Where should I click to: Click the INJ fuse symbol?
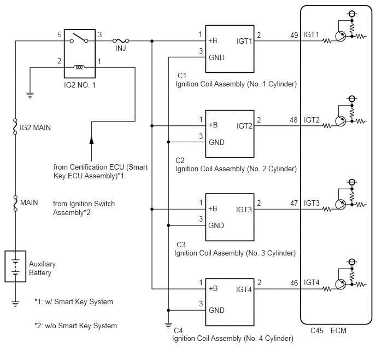coord(121,41)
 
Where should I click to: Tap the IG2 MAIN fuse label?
coord(35,127)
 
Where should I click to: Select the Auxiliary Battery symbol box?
coord(15,266)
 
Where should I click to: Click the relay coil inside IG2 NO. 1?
coord(79,67)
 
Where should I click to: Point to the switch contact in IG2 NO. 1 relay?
coord(79,38)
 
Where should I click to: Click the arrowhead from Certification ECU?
coord(91,141)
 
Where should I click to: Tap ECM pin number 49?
coord(294,35)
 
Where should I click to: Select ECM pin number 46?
coord(294,283)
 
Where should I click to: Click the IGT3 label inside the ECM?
coord(312,203)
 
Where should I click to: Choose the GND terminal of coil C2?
coord(216,142)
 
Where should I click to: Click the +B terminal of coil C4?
coord(213,288)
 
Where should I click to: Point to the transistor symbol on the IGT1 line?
coord(340,37)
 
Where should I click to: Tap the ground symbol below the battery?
coord(15,304)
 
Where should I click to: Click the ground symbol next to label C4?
coord(168,326)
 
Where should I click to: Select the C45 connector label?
coord(317,330)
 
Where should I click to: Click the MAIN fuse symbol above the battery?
coord(15,203)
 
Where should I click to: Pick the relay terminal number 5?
coord(59,34)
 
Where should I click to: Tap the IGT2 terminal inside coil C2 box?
coord(244,126)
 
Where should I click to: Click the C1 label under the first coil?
coord(182,76)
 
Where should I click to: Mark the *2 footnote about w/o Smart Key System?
coord(75,326)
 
